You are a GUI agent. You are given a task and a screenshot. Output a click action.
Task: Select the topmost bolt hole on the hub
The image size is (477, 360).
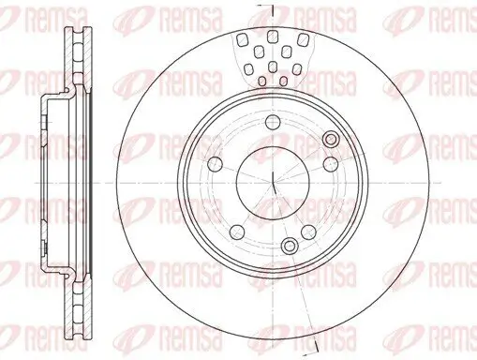tap(273, 122)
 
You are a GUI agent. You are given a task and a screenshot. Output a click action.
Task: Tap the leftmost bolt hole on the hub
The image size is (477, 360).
tap(216, 163)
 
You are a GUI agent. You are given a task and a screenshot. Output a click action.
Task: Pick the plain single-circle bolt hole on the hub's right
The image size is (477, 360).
tap(331, 163)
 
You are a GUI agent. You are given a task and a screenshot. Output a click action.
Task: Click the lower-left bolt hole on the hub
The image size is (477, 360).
tap(237, 232)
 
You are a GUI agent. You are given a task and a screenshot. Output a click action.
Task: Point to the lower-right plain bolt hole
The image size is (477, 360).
tap(308, 232)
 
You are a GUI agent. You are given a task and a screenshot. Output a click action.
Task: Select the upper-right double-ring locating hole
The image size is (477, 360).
tap(331, 139)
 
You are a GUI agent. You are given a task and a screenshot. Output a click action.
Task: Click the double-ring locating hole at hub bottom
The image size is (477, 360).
tap(290, 245)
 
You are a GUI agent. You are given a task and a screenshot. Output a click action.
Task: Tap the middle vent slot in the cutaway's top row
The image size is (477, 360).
tap(273, 37)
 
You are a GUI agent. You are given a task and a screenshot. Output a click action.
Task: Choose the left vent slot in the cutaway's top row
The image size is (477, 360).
tap(242, 39)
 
